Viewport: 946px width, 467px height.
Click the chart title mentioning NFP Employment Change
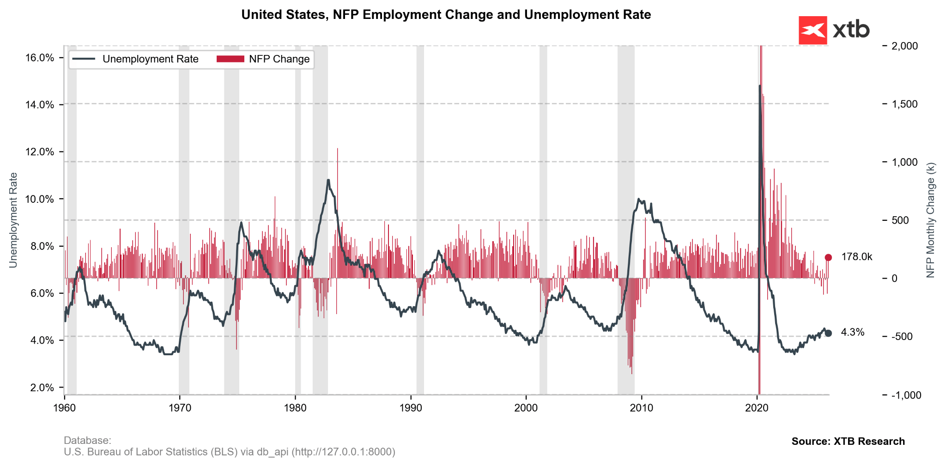[x=446, y=15]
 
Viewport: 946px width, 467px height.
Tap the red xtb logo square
[x=813, y=30]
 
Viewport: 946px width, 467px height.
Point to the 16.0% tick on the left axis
[x=40, y=58]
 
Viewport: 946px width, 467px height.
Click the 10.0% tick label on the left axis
[x=40, y=199]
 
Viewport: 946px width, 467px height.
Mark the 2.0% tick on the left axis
[x=42, y=388]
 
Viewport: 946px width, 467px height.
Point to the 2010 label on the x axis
[x=642, y=408]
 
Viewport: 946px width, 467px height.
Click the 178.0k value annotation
[x=856, y=257]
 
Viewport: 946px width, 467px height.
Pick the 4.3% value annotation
[x=853, y=333]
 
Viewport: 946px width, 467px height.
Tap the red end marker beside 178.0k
[x=828, y=257]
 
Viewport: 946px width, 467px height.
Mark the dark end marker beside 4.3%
[x=828, y=333]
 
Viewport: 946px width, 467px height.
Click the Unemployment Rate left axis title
[x=13, y=220]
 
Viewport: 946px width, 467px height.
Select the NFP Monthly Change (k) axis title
[x=930, y=220]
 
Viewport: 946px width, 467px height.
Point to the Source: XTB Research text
[x=848, y=441]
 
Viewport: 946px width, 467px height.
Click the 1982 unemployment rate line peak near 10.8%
[x=328, y=180]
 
